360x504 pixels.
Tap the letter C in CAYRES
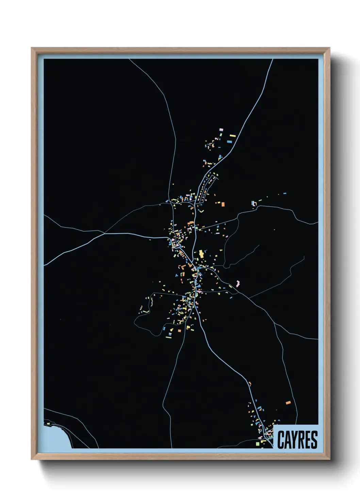click(x=281, y=440)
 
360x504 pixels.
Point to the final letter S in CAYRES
click(x=314, y=440)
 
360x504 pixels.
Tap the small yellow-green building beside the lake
click(x=48, y=424)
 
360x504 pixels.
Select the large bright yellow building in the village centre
click(x=201, y=254)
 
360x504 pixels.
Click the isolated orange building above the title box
click(x=288, y=403)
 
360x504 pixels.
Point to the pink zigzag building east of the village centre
click(x=238, y=283)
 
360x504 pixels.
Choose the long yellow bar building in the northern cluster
click(x=233, y=136)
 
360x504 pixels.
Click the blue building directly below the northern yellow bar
click(x=229, y=141)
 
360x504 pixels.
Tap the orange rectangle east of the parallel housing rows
click(x=223, y=204)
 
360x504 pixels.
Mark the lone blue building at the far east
click(x=284, y=193)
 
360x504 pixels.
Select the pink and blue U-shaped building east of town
click(x=253, y=203)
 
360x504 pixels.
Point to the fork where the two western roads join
click(x=104, y=233)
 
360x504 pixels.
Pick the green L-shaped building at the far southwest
click(x=146, y=311)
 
